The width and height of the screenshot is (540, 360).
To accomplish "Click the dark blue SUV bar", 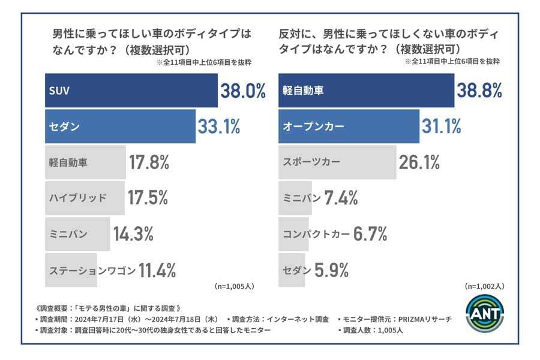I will [x=131, y=91].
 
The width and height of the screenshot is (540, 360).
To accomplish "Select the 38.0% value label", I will [x=242, y=91].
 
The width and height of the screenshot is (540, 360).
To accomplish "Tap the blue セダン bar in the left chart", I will [x=120, y=127].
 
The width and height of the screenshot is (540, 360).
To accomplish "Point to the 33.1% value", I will [x=220, y=127].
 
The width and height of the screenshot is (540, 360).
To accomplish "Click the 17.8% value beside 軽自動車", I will [x=149, y=162].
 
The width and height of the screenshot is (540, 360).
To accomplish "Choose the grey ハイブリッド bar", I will [x=85, y=198].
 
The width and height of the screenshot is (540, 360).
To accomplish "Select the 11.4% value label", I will [x=157, y=271].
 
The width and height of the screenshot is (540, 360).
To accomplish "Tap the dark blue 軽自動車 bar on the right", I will [x=367, y=91].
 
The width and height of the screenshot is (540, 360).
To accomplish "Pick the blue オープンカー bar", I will [x=349, y=127].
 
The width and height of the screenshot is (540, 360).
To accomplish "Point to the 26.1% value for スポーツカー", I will [x=419, y=162].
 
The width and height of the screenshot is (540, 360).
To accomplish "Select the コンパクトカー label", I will [x=316, y=234].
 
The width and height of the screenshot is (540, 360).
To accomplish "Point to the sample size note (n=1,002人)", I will [x=484, y=286].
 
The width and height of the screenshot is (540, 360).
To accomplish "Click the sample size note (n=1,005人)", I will [x=233, y=286].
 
